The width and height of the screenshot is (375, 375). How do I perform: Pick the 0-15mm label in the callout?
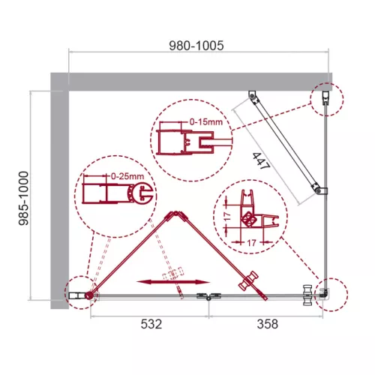(x=203, y=121)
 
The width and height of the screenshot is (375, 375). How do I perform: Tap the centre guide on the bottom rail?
(x=203, y=297)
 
